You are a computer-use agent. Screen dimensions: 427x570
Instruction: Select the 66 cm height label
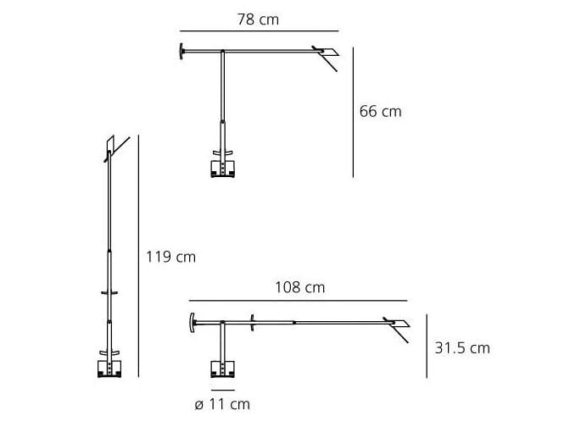coord(380,111)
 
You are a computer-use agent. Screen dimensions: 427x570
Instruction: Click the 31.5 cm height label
coord(461,347)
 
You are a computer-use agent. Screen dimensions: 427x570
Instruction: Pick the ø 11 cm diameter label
coord(222,404)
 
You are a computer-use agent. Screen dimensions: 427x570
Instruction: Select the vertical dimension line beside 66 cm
coord(352,110)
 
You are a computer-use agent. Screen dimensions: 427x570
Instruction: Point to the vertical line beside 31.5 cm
coord(426,346)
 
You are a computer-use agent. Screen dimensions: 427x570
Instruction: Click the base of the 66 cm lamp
coord(222,168)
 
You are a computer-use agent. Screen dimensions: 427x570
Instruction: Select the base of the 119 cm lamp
coord(109,368)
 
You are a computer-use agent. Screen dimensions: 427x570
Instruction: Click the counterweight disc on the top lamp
coord(182,51)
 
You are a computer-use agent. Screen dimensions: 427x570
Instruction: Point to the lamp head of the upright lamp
coord(110,147)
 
